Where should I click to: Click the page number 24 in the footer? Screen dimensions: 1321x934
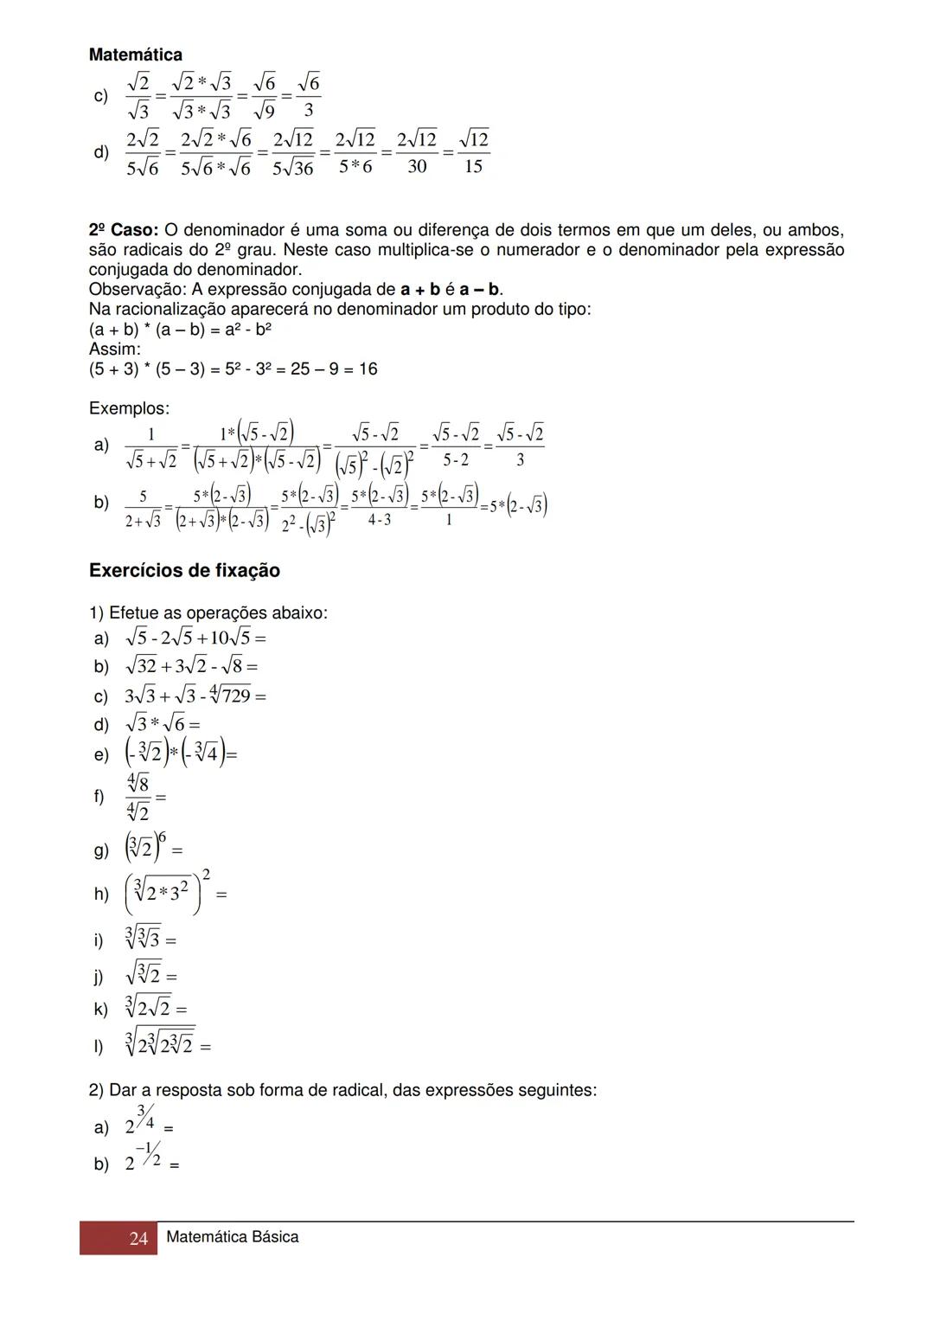click(x=138, y=1239)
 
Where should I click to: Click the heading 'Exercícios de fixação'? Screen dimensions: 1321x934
click(x=184, y=571)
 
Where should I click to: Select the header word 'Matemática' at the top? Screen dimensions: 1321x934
click(x=135, y=55)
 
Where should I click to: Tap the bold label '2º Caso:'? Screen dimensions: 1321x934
click(x=123, y=230)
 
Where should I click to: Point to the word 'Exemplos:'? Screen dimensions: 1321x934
click(x=129, y=408)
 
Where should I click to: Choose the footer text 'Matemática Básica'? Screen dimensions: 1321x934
click(x=232, y=1237)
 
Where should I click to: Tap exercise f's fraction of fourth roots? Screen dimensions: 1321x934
click(x=138, y=798)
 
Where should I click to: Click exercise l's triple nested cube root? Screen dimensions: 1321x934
click(x=160, y=1043)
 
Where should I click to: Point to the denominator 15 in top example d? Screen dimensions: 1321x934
click(x=473, y=166)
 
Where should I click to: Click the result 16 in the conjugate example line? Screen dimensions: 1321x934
click(x=368, y=369)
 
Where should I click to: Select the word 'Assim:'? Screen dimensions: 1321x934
click(x=114, y=349)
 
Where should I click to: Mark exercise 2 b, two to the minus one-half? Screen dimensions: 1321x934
click(x=144, y=1158)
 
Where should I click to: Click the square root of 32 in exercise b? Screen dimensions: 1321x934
click(x=141, y=666)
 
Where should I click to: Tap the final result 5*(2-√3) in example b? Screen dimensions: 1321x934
click(x=518, y=505)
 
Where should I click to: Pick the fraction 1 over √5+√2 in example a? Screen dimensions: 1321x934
click(x=151, y=448)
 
